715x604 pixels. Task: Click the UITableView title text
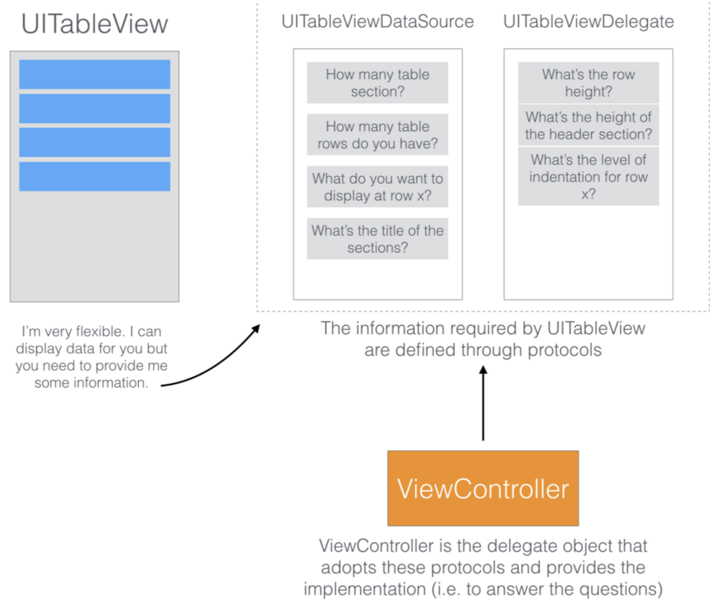coord(94,24)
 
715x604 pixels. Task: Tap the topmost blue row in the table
coord(94,75)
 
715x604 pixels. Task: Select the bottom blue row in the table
coord(94,176)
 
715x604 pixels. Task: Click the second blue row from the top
coord(94,109)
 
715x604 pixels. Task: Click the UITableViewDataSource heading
coord(377,22)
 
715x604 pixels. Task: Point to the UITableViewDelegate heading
coord(588,22)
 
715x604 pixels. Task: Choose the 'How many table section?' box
coord(377,83)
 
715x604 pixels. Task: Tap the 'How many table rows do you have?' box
coord(377,135)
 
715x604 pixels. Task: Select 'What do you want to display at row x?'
coord(377,187)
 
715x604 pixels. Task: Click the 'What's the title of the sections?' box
coord(377,239)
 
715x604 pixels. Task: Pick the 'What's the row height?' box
coord(588,83)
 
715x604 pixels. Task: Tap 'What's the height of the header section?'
coord(588,125)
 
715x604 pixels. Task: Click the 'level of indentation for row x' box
coord(588,176)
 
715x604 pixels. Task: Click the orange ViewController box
coord(483,489)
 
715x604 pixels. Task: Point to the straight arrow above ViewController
coord(483,404)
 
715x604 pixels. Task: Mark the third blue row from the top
coord(94,142)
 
